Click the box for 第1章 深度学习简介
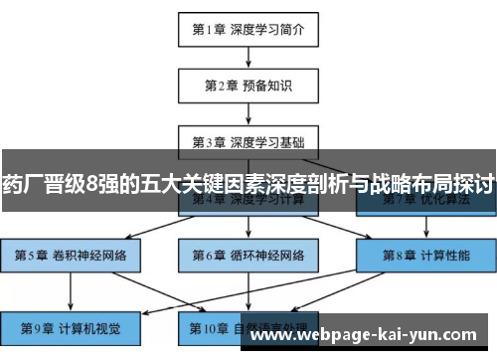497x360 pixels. tap(248, 29)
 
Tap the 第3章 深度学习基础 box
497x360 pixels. tap(248, 140)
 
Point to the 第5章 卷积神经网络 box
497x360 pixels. tap(71, 255)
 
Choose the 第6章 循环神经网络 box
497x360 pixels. tap(248, 255)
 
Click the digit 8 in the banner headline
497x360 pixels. tap(92, 182)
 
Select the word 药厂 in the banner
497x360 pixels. tap(22, 182)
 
